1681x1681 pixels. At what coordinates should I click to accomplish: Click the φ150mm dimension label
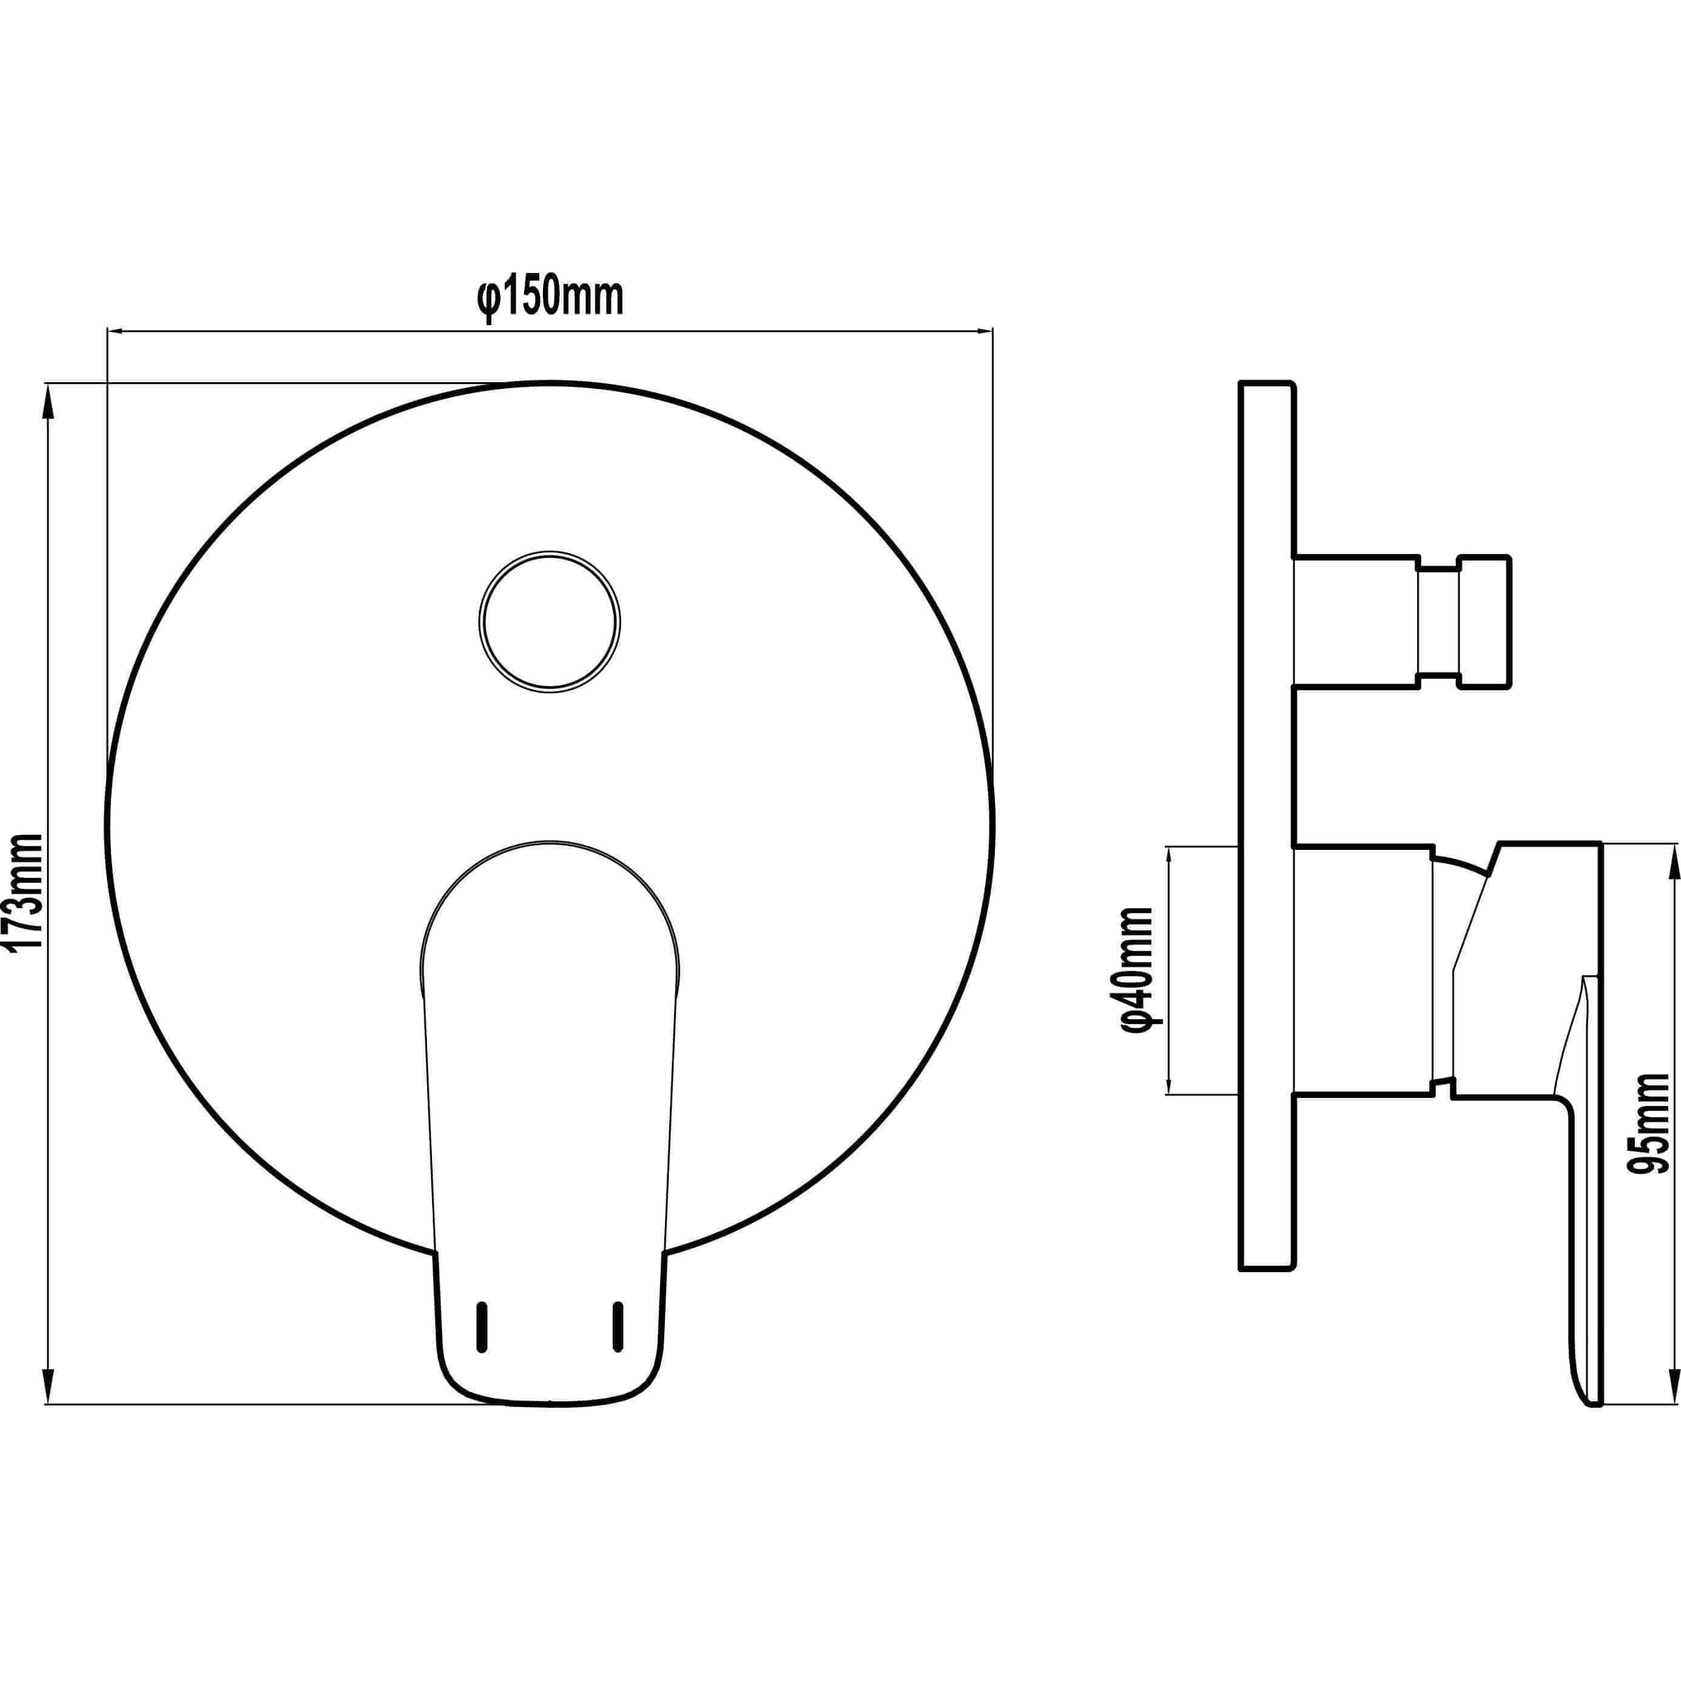click(x=550, y=298)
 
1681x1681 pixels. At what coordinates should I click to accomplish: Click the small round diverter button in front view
click(x=549, y=622)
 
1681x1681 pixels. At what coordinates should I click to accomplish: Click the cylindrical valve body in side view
click(x=1362, y=968)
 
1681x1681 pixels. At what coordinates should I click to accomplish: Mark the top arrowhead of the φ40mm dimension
click(x=1168, y=857)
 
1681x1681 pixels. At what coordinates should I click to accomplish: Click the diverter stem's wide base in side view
click(x=1356, y=622)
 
